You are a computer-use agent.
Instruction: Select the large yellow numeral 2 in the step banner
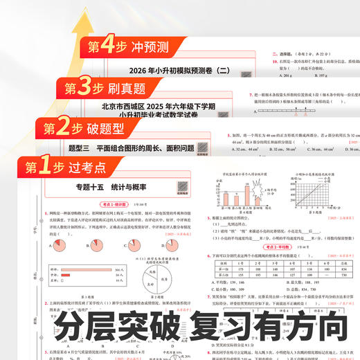pos(64,128)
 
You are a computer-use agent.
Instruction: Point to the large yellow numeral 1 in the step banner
pos(45,168)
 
